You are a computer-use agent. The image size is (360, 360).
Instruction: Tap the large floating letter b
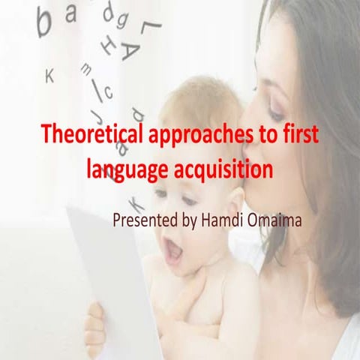click(x=45, y=22)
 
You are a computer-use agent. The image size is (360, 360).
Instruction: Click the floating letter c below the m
click(x=107, y=92)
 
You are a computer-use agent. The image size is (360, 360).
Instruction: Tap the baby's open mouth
click(x=173, y=253)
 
